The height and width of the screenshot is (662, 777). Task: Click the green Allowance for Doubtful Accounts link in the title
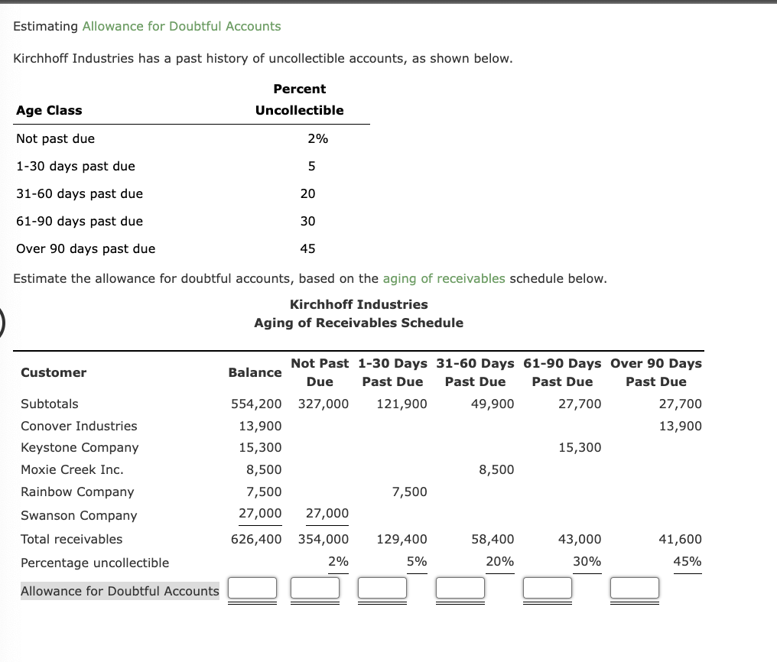click(181, 26)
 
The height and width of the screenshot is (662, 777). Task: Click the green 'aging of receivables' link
click(444, 278)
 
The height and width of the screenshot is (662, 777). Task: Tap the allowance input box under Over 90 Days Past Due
click(634, 588)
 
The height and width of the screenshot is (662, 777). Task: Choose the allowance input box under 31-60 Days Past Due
click(460, 588)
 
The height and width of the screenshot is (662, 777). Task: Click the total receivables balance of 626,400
click(256, 539)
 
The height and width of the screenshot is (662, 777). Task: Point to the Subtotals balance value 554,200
click(256, 404)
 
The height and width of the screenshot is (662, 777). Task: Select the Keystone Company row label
click(80, 447)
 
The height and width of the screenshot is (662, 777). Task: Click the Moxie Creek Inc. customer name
click(72, 469)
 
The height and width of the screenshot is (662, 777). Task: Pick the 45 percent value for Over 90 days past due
click(307, 248)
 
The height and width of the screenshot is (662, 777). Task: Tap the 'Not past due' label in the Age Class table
click(55, 138)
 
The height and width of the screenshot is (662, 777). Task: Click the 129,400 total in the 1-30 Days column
click(402, 539)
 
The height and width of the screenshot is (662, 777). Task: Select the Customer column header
click(54, 372)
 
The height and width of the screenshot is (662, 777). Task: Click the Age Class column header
click(49, 110)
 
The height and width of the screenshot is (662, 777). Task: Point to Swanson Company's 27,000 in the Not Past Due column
click(327, 513)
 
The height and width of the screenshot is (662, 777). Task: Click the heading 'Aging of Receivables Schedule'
click(359, 323)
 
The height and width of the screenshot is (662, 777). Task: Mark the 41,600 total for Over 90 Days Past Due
click(680, 539)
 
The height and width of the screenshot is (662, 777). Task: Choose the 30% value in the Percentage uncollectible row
click(587, 561)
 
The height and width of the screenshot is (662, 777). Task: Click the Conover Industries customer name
click(79, 426)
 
